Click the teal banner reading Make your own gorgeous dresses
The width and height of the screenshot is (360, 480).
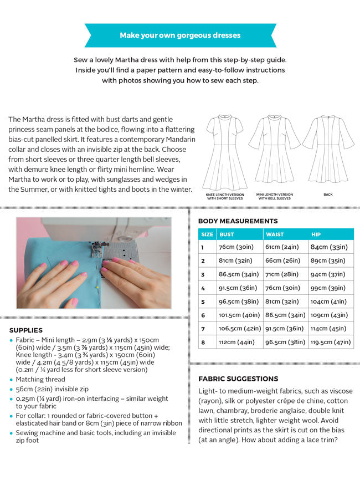[x=180, y=35]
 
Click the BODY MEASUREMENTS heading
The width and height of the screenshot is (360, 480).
[x=238, y=221]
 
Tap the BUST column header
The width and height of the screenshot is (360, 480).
[x=227, y=234]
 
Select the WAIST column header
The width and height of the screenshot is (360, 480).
[x=275, y=234]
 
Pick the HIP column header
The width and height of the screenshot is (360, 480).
[x=316, y=234]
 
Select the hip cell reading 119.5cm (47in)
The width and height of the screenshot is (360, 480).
[x=331, y=342]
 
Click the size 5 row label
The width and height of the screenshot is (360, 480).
[x=203, y=302]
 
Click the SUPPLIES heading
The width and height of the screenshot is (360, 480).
[x=26, y=330]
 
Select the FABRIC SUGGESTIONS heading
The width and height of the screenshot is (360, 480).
[x=238, y=379]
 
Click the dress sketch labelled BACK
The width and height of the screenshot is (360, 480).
[x=328, y=150]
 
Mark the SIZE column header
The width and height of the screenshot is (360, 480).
[x=207, y=234]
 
